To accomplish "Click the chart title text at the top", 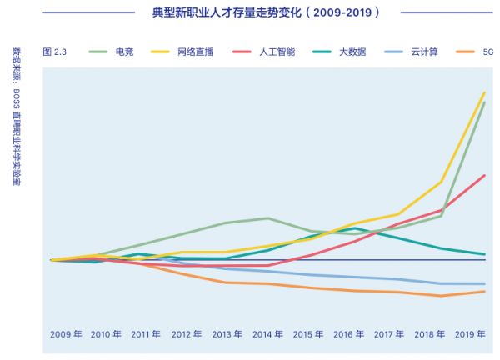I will coord(267,13).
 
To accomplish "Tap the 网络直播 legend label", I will coord(196,52).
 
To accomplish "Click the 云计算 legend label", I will coord(423,52).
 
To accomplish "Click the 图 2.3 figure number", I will coord(55,52).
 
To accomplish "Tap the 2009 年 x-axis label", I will coord(66,334).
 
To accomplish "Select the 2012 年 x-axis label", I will coord(186,334).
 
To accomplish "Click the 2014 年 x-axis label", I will coord(267,334).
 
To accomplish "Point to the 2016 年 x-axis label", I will coord(347,334).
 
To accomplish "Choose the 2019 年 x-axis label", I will coord(470,334).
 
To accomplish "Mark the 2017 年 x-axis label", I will coord(388,334).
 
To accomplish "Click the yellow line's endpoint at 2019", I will coord(485,92).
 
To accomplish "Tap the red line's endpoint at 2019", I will coord(485,175).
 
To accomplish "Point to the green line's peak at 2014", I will coord(267,218).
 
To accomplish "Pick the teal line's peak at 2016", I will coord(356,228).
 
